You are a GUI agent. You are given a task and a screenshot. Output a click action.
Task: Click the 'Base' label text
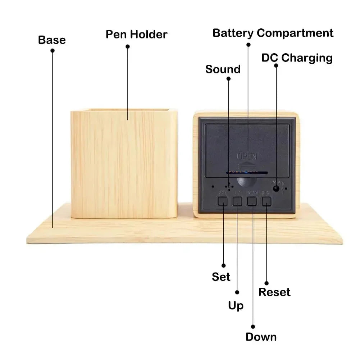coord(52,40)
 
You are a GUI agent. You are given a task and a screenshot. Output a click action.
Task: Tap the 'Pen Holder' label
coord(136,35)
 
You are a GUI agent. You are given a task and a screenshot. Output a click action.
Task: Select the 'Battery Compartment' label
coord(273,33)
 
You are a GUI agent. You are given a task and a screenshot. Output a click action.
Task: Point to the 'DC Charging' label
coord(297,58)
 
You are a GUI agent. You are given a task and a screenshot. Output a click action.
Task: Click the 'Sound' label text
coord(223,69)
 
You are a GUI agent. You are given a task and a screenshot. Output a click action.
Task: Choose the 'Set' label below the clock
coord(221,277)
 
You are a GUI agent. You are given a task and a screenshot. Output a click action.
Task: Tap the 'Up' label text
coord(236,306)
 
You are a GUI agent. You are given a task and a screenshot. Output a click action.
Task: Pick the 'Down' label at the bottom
coord(261,337)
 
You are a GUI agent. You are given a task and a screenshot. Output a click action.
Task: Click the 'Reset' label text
coord(274,292)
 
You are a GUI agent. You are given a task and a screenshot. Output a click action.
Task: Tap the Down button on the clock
coord(252,201)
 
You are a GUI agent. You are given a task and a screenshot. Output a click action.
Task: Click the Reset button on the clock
coord(266,201)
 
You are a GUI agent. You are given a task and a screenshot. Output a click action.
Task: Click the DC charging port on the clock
coord(276,188)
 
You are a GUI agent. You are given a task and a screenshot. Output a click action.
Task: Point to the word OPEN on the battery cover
coord(247,156)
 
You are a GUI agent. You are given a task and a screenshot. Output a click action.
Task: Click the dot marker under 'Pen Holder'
coord(127,46)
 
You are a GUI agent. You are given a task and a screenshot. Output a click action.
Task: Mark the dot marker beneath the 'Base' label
coord(53,51)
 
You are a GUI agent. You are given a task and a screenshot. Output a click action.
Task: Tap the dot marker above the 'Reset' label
coord(266,283)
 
